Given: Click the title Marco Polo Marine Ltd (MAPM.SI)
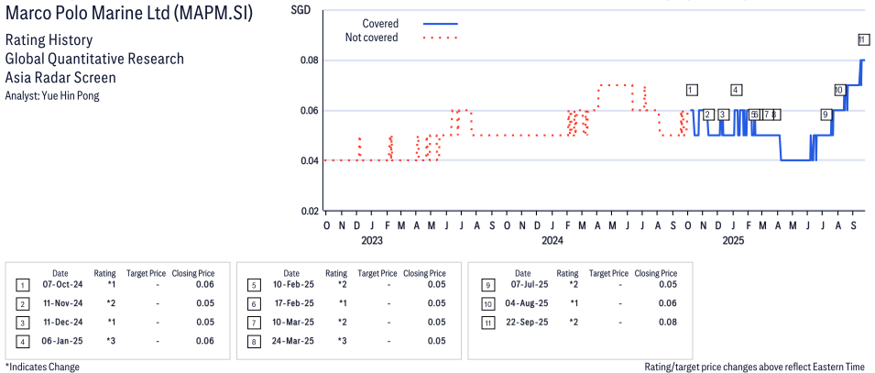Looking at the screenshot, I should (129, 16).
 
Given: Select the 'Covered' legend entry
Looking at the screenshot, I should (380, 23).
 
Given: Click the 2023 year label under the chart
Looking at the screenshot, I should (371, 240).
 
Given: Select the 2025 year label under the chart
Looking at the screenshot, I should (733, 240).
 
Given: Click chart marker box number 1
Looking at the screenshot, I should (692, 90).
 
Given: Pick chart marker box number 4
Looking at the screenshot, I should (736, 90).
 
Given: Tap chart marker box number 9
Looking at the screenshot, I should (826, 115).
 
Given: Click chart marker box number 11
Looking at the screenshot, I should (863, 39).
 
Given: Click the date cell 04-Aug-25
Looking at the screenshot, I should (522, 303).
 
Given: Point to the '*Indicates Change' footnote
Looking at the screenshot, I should (42, 367).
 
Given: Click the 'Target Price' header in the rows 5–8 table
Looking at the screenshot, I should (377, 273).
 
